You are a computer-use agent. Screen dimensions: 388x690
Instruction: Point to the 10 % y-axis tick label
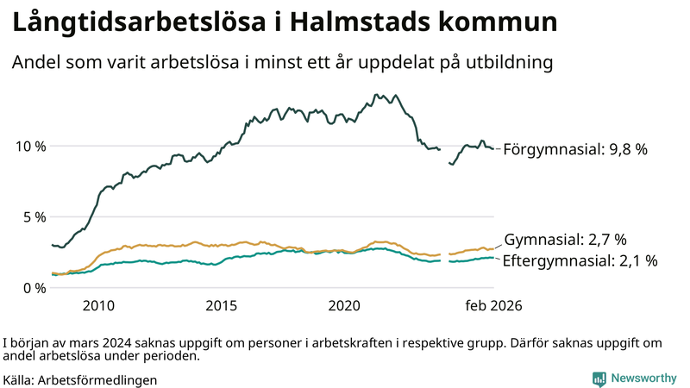[x=30, y=146]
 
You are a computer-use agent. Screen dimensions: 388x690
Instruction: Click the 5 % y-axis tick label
[x=34, y=216]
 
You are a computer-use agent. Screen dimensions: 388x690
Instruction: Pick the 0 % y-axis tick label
[x=34, y=287]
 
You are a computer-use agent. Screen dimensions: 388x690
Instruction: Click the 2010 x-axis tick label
[x=98, y=306]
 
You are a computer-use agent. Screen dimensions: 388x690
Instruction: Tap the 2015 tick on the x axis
[x=222, y=306]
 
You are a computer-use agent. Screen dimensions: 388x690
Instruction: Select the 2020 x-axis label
[x=345, y=306]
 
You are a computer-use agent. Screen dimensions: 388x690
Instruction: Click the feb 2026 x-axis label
[x=494, y=306]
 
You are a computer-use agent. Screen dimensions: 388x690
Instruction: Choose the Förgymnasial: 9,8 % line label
[x=575, y=149]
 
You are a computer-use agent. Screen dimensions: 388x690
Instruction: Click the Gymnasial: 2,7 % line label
[x=565, y=239]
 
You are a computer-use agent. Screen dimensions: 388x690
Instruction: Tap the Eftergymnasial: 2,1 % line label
[x=580, y=260]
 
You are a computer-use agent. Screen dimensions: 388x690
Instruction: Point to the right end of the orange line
[x=494, y=247]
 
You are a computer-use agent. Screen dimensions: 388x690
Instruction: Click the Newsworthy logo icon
[x=599, y=379]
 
